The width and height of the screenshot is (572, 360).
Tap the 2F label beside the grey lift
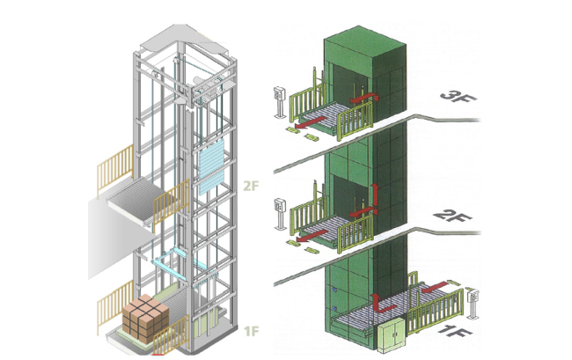click(x=251, y=187)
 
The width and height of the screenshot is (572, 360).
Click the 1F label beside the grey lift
click(x=251, y=331)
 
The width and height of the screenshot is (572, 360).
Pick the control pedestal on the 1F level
click(x=475, y=302)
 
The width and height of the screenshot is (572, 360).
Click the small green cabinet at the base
click(x=391, y=334)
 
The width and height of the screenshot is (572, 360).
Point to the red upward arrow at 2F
click(x=370, y=197)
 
